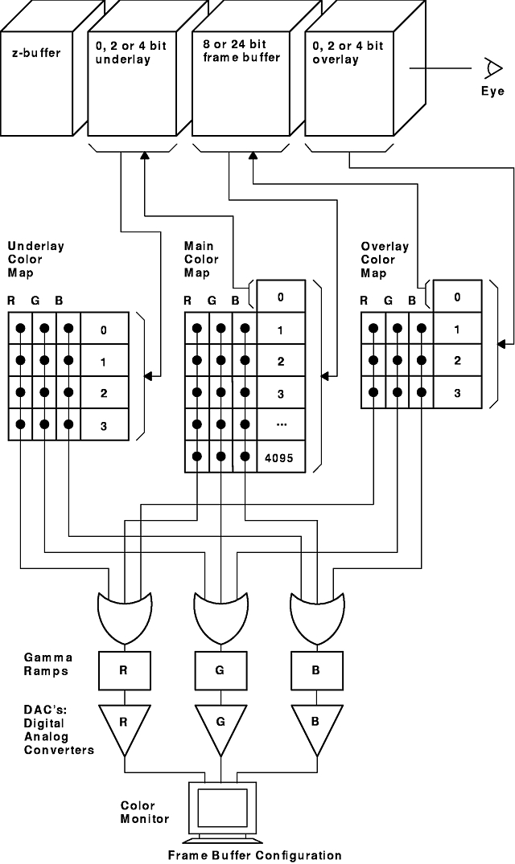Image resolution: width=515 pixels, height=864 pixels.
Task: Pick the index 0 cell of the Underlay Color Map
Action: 103,330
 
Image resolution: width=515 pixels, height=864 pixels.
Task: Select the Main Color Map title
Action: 201,260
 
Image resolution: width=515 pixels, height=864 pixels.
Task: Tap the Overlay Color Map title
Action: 384,260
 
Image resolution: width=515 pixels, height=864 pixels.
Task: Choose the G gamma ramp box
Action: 220,668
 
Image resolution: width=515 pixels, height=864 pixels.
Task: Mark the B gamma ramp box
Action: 315,668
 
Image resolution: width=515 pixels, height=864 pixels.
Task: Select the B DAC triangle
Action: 315,723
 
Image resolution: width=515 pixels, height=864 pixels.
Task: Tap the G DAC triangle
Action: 220,723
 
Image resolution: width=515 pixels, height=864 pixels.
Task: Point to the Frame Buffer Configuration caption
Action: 254,855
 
